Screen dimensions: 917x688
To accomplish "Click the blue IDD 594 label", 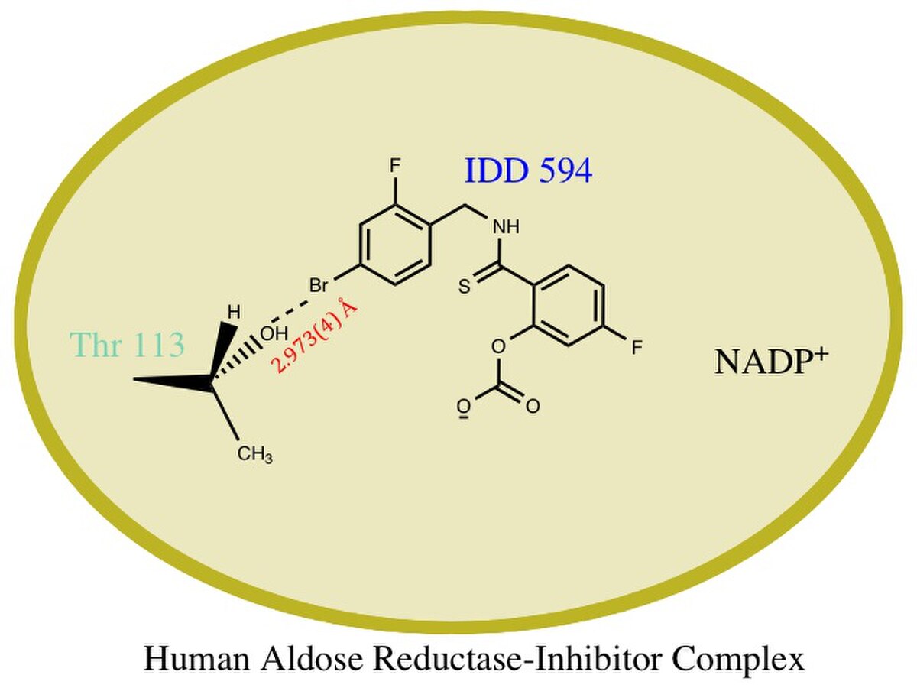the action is point(529,170).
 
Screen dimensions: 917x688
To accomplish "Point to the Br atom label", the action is point(319,286).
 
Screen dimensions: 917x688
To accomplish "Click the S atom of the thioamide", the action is point(465,287).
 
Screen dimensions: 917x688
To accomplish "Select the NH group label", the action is point(507,227).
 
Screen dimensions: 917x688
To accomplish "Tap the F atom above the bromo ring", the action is point(395,166).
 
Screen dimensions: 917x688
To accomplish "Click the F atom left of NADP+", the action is point(637,348).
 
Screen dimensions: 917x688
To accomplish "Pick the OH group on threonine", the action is point(274,333).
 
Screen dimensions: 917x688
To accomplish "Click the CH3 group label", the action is point(254,455).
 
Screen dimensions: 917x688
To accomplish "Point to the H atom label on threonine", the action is point(234,313).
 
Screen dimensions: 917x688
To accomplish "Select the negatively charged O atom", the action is point(462,407).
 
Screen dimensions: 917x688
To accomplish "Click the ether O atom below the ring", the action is point(498,346).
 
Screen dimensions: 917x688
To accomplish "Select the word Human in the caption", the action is point(196,659).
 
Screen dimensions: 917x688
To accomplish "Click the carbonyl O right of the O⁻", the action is point(533,407).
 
